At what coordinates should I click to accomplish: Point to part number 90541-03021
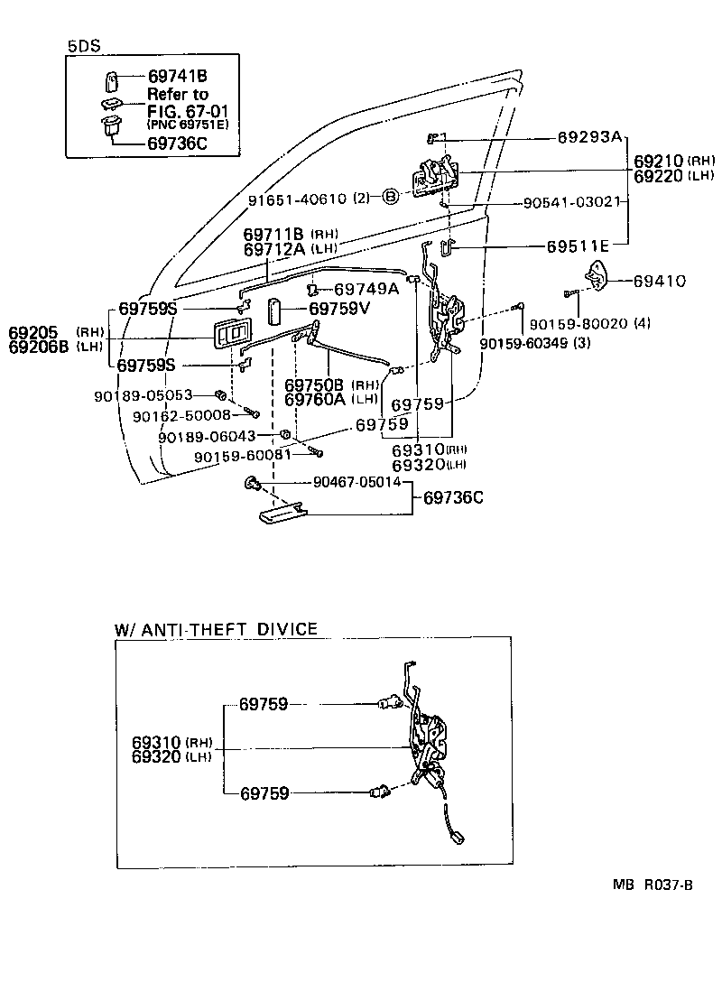pos(571,202)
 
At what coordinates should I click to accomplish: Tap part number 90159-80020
pos(576,323)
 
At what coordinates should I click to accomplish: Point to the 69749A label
pos(366,289)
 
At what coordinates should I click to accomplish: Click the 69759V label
pos(354,309)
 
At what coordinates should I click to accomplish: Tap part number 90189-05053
pos(143,395)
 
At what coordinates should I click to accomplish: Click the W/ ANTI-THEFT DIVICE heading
pos(216,628)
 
